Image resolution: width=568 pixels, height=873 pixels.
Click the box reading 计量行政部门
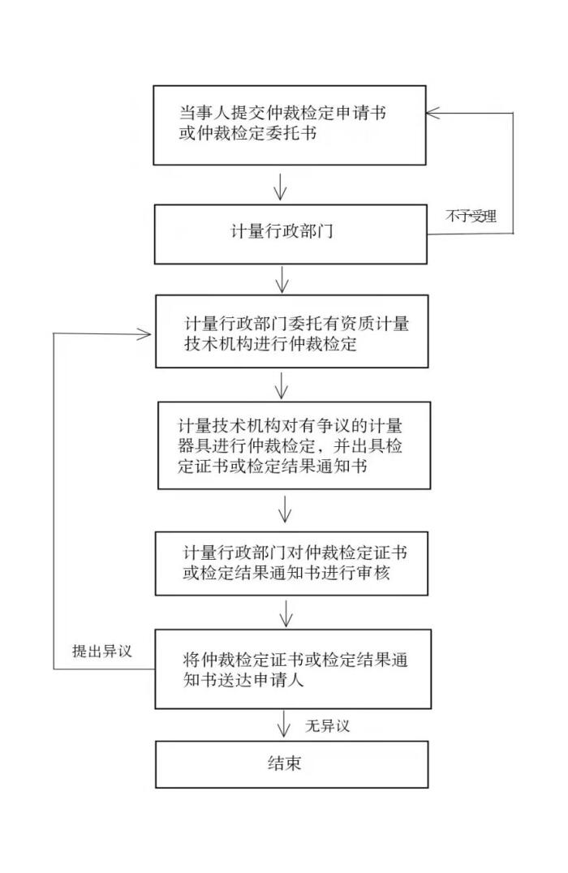(290, 234)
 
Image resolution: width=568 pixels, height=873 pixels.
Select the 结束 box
(291, 763)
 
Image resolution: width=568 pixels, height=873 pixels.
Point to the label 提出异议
(101, 651)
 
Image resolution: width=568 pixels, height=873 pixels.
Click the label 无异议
(327, 725)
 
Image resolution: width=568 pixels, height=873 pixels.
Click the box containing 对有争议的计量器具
(291, 447)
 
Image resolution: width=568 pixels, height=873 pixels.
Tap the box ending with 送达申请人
(291, 669)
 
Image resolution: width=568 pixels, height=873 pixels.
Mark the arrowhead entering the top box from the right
(435, 113)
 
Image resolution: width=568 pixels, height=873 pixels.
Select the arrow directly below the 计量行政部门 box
(282, 279)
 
